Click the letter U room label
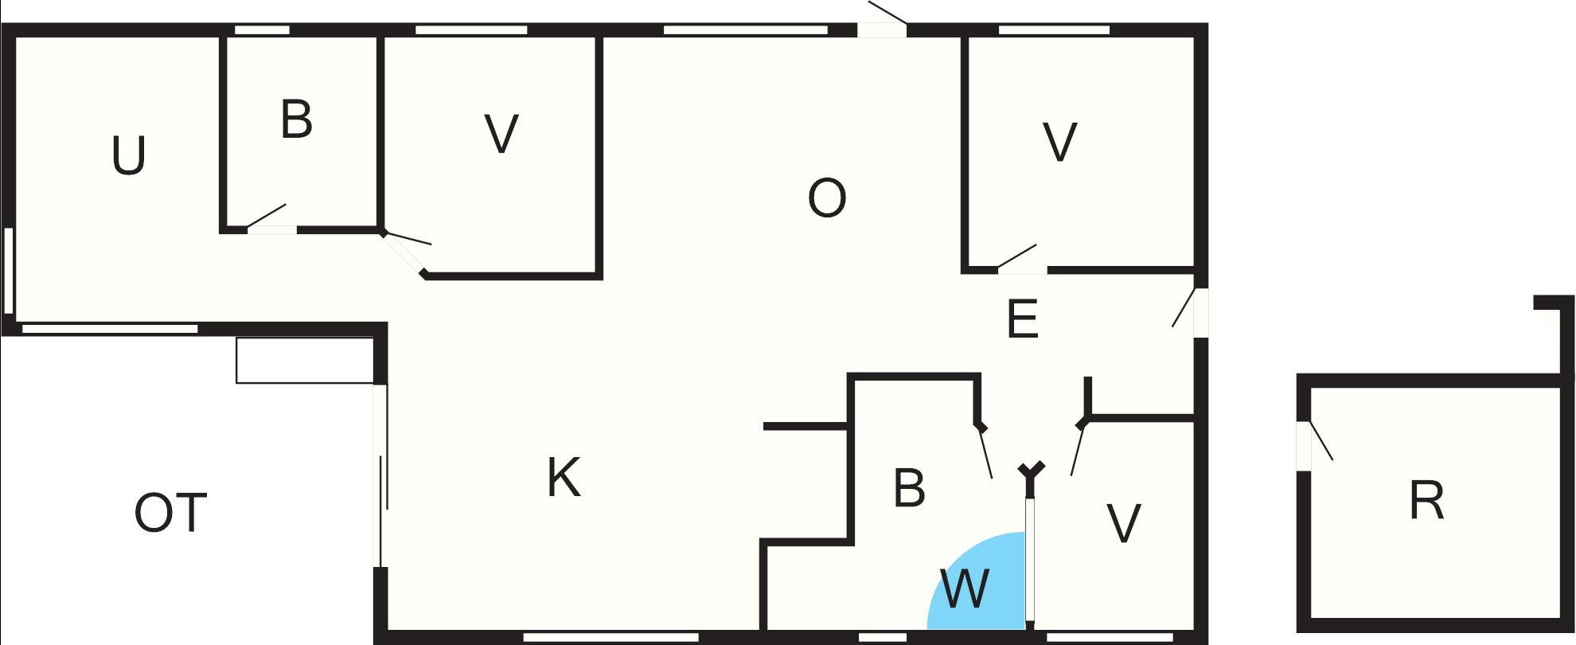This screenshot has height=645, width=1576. click(128, 156)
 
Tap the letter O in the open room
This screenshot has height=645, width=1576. click(826, 198)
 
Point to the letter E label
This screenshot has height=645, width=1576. click(1023, 320)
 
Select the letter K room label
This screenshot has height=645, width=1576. click(564, 478)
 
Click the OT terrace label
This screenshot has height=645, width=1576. click(170, 514)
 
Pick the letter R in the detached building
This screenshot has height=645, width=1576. click(1426, 502)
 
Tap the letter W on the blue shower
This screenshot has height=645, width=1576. click(965, 589)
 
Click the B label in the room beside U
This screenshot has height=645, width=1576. click(296, 120)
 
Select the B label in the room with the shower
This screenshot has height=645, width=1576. click(909, 488)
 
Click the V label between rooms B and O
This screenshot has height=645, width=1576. click(501, 134)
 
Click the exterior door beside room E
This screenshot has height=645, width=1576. click(1200, 312)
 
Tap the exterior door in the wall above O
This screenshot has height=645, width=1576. click(882, 30)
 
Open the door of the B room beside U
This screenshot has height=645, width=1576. click(271, 229)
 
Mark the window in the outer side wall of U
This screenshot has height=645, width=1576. click(9, 271)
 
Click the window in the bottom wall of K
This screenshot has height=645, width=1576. click(611, 637)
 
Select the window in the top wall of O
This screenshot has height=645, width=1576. click(746, 30)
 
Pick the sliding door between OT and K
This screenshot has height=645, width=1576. click(381, 475)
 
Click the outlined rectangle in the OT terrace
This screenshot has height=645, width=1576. click(304, 360)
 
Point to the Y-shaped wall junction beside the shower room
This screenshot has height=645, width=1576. click(1031, 471)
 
